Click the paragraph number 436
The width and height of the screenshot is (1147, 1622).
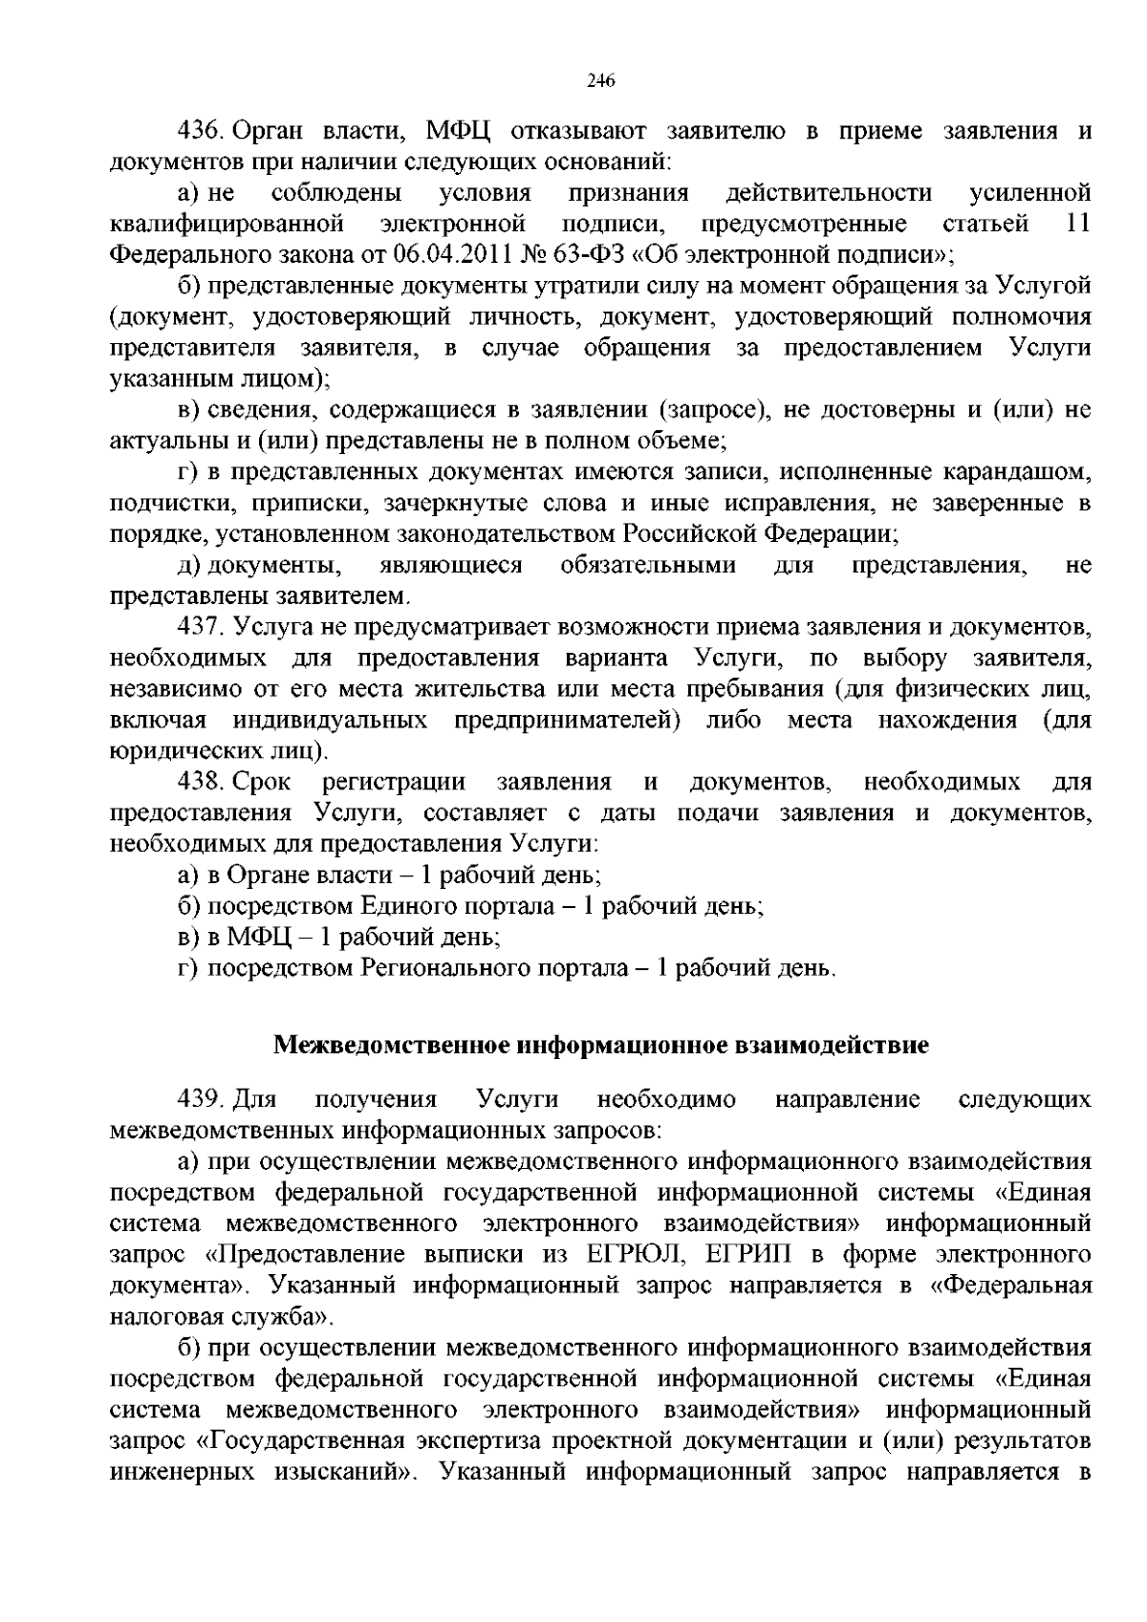click(201, 131)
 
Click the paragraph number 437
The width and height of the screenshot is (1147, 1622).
click(201, 627)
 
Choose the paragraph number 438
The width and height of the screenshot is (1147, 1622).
click(201, 783)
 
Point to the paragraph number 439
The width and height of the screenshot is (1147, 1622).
click(201, 1099)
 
